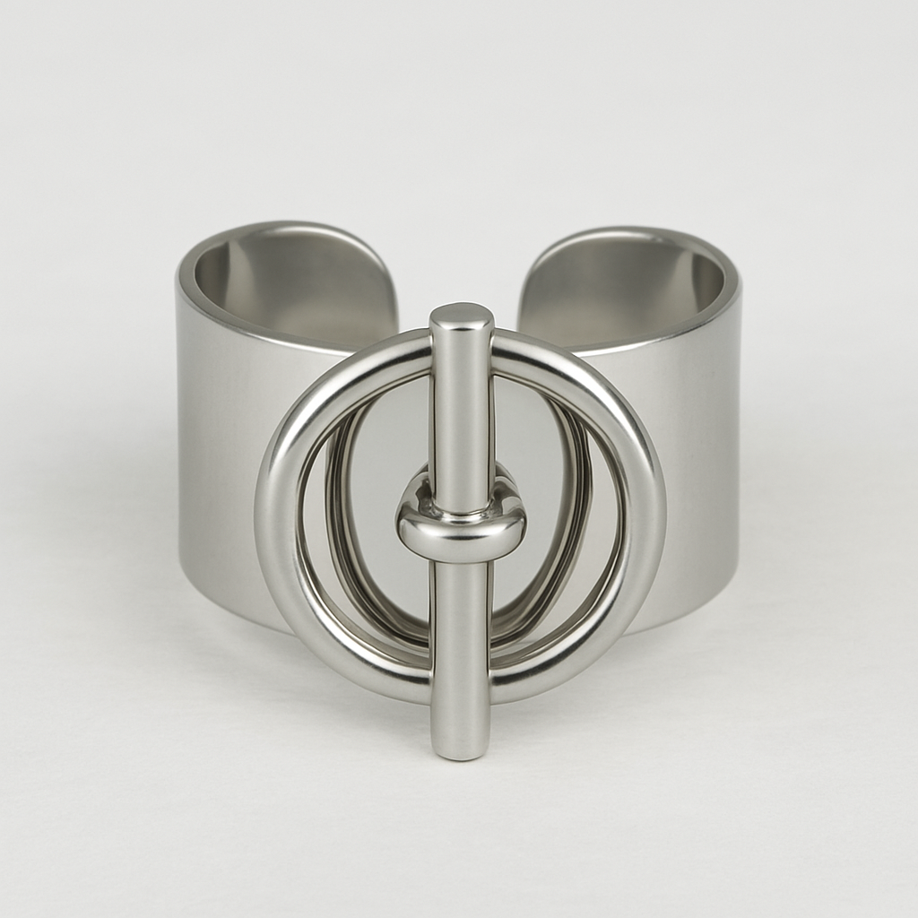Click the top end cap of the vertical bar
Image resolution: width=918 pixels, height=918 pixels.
pyautogui.click(x=461, y=316)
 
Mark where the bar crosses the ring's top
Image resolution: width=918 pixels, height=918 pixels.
pyautogui.click(x=461, y=345)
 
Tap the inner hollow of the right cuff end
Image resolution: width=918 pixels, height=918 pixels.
pyautogui.click(x=628, y=282)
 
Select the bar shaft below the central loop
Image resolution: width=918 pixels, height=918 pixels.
pyautogui.click(x=461, y=628)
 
